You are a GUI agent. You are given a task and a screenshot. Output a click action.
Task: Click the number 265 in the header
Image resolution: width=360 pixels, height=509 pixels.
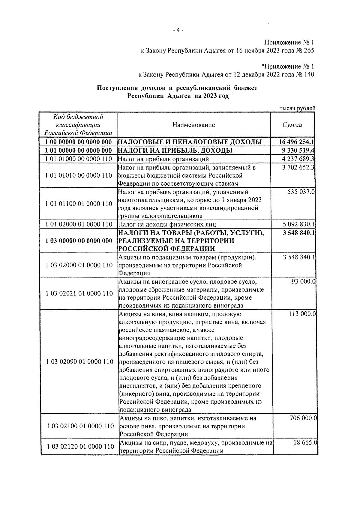coord(309,50)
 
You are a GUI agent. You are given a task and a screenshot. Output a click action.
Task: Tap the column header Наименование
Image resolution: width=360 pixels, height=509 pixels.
coord(193,125)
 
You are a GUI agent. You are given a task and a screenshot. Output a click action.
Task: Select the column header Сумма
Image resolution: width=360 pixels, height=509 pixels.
coord(292,125)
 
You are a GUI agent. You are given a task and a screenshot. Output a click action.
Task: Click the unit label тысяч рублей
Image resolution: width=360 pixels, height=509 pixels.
coord(297,109)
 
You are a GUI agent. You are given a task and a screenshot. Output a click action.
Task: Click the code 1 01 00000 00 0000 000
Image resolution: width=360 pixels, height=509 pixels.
coord(79,150)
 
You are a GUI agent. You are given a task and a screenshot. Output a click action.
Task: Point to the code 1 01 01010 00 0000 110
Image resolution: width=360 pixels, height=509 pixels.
coord(79,175)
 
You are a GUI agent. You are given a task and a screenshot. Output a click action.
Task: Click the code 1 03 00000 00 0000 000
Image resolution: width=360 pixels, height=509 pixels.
coord(79,241)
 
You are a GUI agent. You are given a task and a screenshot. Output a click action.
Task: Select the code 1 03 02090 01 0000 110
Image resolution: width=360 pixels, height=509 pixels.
coord(80,362)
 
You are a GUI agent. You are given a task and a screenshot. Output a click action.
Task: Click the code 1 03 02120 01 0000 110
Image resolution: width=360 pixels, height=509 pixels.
coord(80,447)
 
